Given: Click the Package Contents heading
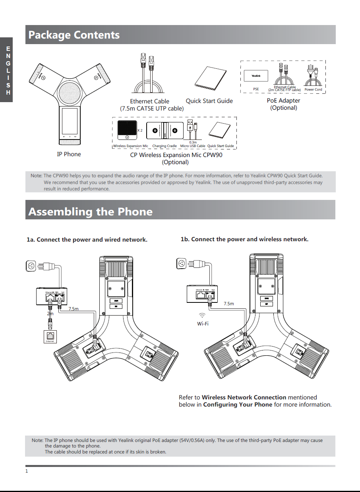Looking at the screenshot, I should (74, 35).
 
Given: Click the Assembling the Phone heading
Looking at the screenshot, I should (90, 211).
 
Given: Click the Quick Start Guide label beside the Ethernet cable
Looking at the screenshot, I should (209, 101).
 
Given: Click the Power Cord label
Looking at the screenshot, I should (313, 90).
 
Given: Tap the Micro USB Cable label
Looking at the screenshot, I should (193, 146).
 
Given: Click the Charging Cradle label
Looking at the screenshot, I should (165, 146).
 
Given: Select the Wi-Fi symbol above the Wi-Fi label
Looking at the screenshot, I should (203, 316).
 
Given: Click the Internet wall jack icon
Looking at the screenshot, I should (50, 336).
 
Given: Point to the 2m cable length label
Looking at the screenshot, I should (50, 313).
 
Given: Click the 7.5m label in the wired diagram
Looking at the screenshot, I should (74, 309).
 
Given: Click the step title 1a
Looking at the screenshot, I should (87, 240).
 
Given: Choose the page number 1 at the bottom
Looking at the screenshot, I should (27, 471).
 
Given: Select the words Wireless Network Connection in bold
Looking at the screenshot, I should (244, 397).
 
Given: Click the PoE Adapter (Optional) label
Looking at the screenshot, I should (283, 104).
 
